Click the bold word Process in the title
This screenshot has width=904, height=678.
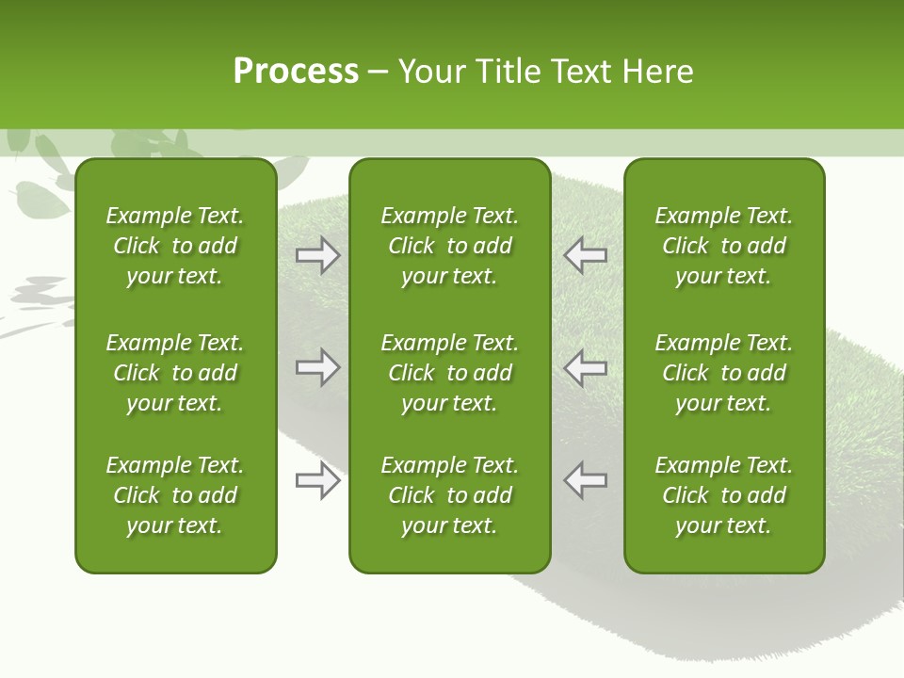coord(296,72)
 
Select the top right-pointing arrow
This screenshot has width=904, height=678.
coord(318,255)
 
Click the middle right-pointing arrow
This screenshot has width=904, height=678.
coord(318,367)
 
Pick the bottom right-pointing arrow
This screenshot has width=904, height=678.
coord(318,480)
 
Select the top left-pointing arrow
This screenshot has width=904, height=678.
coord(585,255)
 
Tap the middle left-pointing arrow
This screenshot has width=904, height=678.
coord(585,367)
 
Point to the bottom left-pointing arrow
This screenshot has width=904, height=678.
coord(585,480)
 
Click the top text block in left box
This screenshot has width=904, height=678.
coord(175,246)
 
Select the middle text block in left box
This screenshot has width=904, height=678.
coord(175,373)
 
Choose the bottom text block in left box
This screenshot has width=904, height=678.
coord(175,495)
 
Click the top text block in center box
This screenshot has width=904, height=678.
coord(449,246)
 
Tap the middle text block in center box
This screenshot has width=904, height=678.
coord(449,373)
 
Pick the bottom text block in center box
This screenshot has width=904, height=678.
coord(449,495)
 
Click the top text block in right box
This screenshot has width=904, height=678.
coord(724,246)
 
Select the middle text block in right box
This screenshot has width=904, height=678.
coord(724,373)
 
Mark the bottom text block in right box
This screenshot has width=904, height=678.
coord(724,495)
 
